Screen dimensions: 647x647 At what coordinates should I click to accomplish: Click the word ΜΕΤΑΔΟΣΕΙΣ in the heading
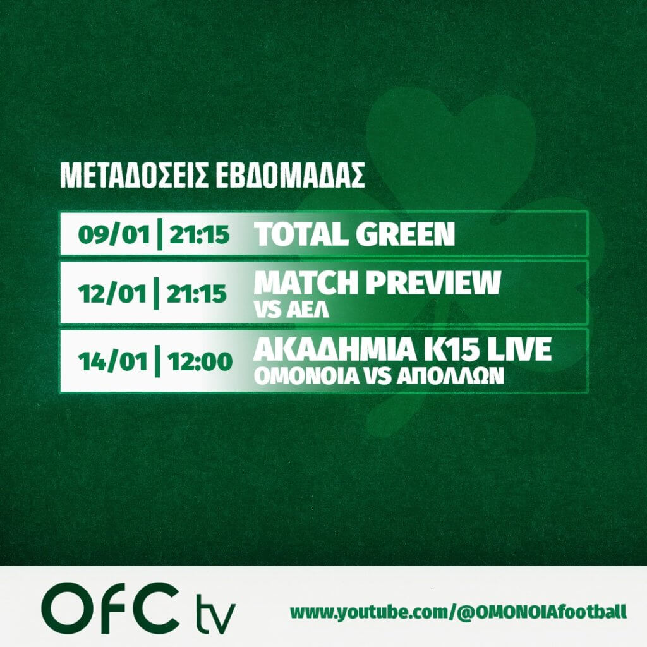click(134, 176)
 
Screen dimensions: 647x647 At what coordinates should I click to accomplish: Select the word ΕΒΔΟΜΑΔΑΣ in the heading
click(290, 176)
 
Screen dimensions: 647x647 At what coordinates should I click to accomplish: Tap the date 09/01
click(114, 235)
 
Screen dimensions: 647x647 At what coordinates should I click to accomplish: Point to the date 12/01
click(112, 294)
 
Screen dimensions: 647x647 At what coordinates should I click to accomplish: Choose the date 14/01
click(112, 362)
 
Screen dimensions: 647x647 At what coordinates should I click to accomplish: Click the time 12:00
click(200, 362)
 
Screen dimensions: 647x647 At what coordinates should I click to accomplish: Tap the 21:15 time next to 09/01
click(199, 235)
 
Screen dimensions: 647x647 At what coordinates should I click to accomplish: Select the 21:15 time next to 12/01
click(197, 294)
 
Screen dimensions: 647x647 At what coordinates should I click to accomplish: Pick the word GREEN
click(405, 234)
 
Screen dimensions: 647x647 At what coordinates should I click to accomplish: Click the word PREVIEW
click(433, 282)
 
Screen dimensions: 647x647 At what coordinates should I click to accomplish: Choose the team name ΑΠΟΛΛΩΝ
click(450, 376)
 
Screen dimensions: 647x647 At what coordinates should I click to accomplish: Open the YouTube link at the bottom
click(458, 612)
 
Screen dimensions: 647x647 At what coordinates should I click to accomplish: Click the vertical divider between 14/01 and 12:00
click(157, 361)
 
